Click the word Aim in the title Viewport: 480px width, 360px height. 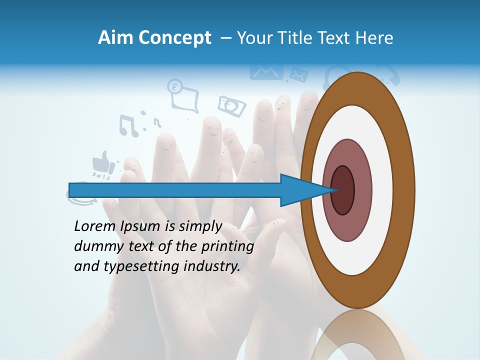tap(115, 37)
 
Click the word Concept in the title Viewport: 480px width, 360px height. tap(174, 38)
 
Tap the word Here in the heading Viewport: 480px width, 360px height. tap(374, 38)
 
